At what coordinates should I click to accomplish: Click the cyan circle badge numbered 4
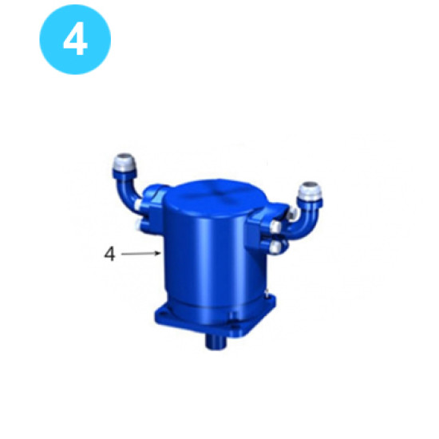point(74,38)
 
